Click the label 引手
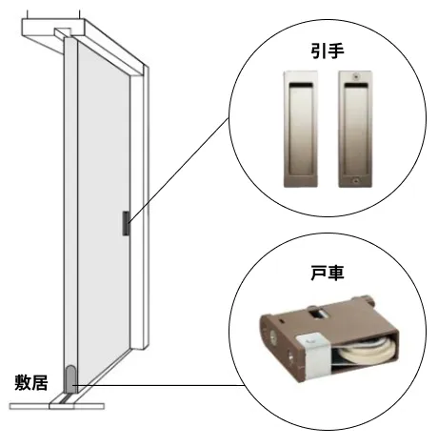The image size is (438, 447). tap(328, 51)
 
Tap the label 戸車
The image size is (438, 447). tap(328, 273)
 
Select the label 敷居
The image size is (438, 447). tap(31, 382)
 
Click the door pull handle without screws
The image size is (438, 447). tap(301, 129)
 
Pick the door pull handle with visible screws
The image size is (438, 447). tap(355, 129)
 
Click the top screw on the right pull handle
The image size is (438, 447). tap(356, 76)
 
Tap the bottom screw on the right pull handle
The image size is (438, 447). tap(356, 180)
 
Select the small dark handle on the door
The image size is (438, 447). tap(126, 223)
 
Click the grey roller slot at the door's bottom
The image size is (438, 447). tap(70, 379)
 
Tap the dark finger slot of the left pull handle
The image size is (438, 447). tap(301, 85)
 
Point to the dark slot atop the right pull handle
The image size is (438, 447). tap(356, 85)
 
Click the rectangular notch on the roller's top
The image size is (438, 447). tap(318, 313)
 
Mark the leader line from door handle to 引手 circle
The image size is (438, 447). tap(178, 170)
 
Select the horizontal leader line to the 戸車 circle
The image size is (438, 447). tap(159, 385)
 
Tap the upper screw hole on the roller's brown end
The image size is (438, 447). tap(272, 335)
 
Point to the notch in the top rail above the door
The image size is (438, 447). tap(64, 32)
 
